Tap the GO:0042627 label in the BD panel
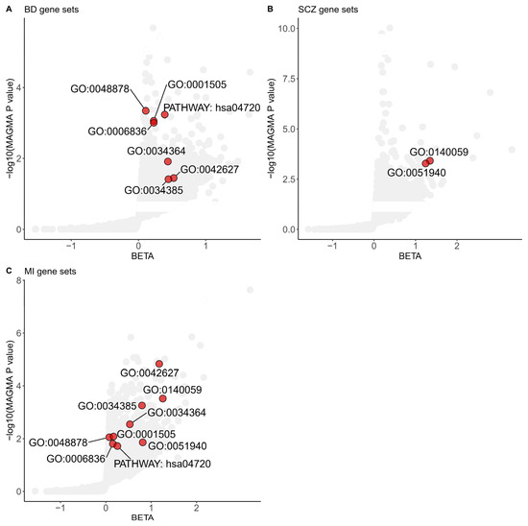[210, 170]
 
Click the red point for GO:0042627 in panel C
[159, 364]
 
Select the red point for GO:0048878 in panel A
[146, 110]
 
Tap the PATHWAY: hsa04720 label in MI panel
[162, 465]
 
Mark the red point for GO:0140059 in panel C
[163, 398]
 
